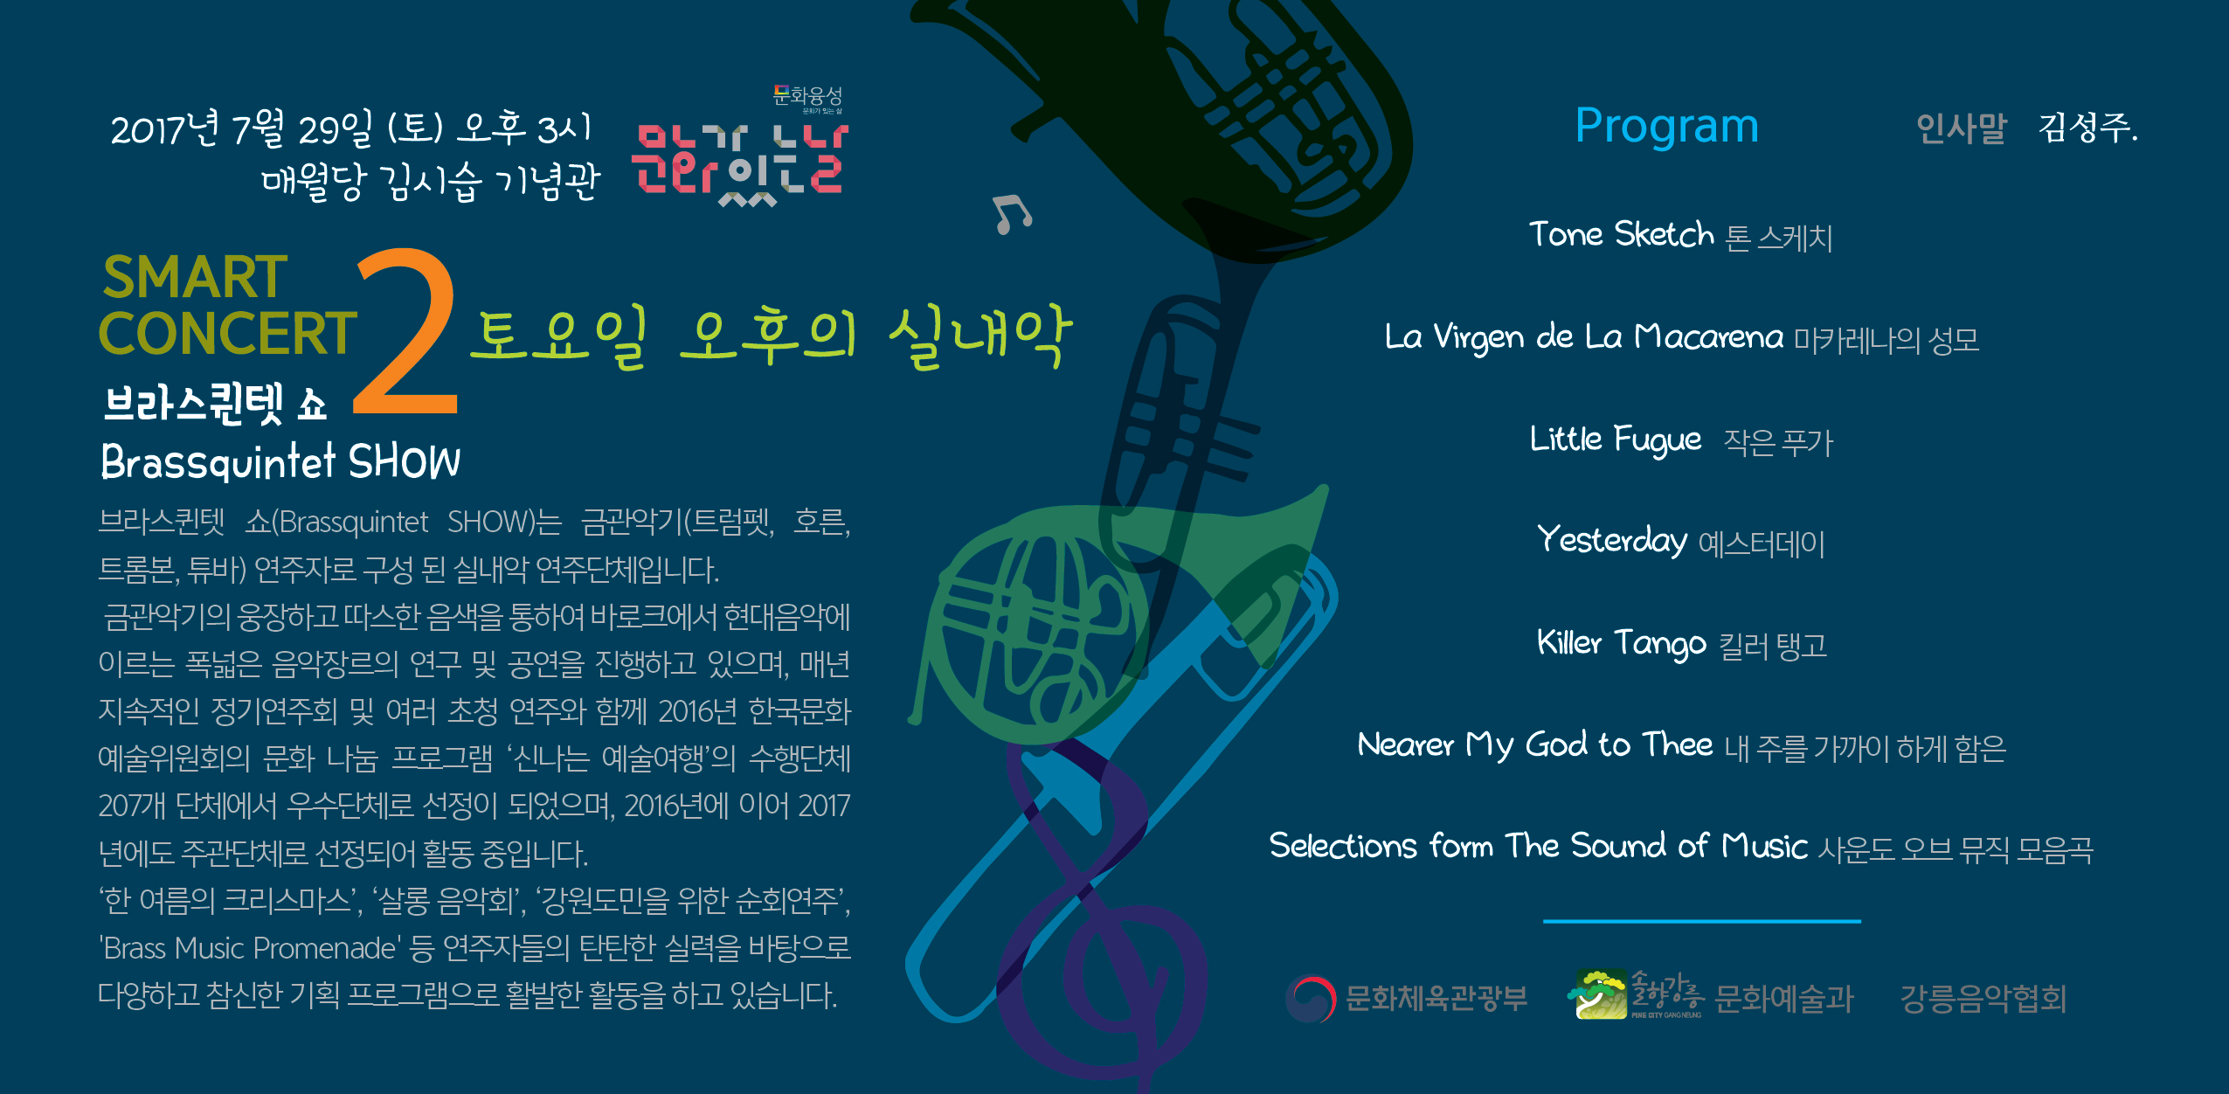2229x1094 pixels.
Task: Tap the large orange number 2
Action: [406, 332]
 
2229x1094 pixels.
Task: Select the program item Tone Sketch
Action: [1621, 234]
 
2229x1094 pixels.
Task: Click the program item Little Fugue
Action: [1616, 440]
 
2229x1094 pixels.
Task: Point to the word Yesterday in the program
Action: [1612, 540]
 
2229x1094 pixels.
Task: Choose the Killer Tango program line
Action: [1682, 644]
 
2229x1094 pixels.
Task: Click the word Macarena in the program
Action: [1708, 336]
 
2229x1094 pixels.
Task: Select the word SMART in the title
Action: [195, 277]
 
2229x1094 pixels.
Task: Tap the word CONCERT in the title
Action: [228, 333]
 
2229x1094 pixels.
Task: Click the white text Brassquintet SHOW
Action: [280, 460]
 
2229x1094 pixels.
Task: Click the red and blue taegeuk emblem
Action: [1311, 998]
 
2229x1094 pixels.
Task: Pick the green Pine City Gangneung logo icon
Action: [1599, 994]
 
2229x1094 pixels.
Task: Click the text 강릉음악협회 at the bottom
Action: [1983, 998]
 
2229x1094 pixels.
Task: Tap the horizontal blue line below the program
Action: [1702, 921]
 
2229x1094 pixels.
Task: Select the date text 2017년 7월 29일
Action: [242, 129]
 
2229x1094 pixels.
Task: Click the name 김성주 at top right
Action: [2085, 128]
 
